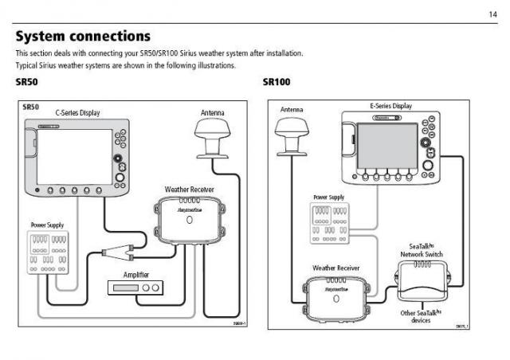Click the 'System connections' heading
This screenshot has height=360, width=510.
pyautogui.click(x=83, y=36)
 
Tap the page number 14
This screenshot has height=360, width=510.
pyautogui.click(x=492, y=14)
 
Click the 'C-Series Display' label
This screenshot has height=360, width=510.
pyautogui.click(x=77, y=113)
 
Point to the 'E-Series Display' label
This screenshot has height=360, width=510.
pyautogui.click(x=390, y=106)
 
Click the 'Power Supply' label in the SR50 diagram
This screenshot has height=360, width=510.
pyautogui.click(x=47, y=225)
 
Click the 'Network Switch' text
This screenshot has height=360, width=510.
pyautogui.click(x=422, y=254)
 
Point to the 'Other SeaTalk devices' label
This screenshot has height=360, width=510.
pyautogui.click(x=422, y=317)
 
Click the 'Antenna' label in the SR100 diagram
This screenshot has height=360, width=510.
pyautogui.click(x=292, y=109)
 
